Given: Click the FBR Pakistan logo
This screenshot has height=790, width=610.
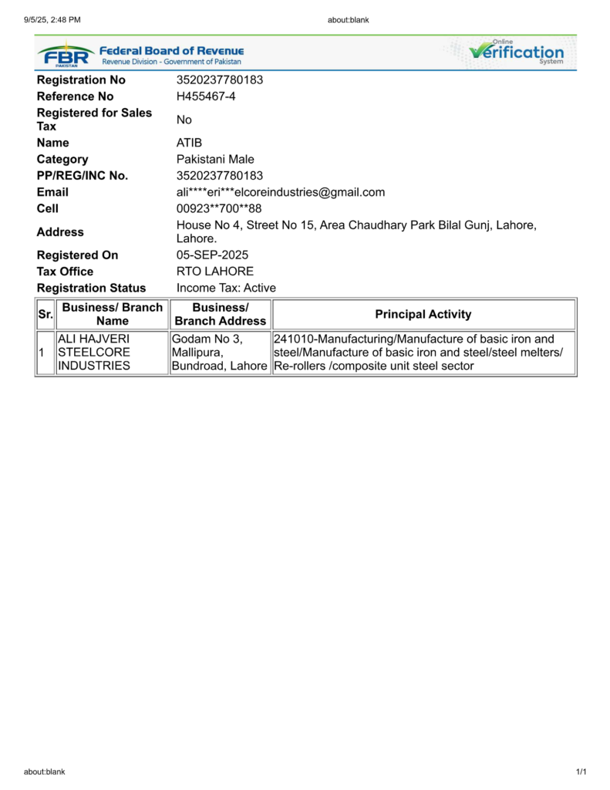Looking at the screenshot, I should click(x=66, y=55).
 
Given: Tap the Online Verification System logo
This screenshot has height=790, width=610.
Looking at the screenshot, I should click(x=517, y=52).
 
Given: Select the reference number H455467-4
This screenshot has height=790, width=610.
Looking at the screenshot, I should click(x=206, y=96).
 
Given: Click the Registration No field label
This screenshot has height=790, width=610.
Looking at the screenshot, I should click(x=81, y=80).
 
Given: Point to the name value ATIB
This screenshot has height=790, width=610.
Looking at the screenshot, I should click(x=189, y=143).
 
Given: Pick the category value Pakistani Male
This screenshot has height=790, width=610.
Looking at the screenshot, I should click(x=215, y=160).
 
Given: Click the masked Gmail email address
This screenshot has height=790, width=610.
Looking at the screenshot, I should click(x=281, y=192).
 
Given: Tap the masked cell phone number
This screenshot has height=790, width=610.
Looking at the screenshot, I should click(x=219, y=208).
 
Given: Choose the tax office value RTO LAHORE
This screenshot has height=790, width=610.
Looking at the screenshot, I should click(x=215, y=272).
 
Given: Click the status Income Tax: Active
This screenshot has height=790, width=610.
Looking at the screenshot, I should click(x=226, y=288).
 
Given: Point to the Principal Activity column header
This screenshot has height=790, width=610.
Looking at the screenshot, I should click(x=423, y=314).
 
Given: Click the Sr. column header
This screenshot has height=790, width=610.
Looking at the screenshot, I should click(x=44, y=314).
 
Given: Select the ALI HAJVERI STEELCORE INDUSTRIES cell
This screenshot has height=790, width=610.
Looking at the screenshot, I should click(x=94, y=353).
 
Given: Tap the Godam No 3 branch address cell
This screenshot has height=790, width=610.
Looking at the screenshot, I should click(x=219, y=353).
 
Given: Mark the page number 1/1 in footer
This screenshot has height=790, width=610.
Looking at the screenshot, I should click(x=581, y=771).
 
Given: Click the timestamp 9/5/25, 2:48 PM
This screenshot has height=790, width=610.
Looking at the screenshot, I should click(x=52, y=20).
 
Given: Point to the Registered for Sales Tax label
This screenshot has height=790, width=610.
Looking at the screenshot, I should click(x=95, y=120).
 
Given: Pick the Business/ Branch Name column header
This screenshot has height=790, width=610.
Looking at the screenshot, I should click(x=112, y=314).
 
